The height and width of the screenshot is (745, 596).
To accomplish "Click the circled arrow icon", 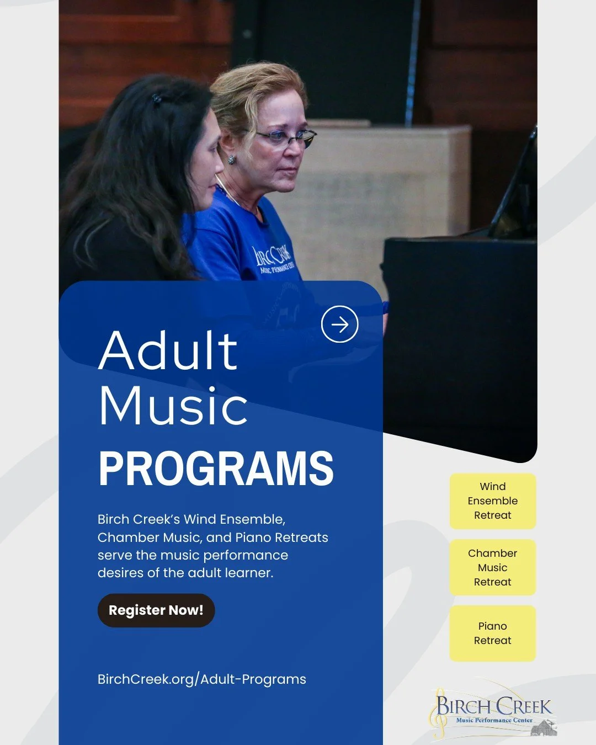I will coord(340,324).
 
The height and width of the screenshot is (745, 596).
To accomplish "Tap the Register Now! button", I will coord(156,610).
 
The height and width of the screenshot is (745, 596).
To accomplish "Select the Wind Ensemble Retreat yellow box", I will coord(493,501).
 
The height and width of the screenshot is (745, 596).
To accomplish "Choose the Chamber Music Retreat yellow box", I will coord(493,567).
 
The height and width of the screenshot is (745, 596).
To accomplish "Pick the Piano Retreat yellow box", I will coord(493,634).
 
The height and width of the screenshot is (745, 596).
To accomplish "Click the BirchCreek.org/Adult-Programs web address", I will coord(201,679).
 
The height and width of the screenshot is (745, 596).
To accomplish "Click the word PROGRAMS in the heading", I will coord(216,469).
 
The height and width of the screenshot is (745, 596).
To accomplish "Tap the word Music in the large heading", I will coord(173,406).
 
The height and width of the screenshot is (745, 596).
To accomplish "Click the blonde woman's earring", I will coord(232,159).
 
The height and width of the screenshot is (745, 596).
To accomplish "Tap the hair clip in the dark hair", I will coord(157,99).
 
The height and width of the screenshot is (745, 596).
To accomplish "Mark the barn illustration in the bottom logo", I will coord(544,727).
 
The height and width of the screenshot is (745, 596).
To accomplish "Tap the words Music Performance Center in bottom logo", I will coord(494,720).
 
